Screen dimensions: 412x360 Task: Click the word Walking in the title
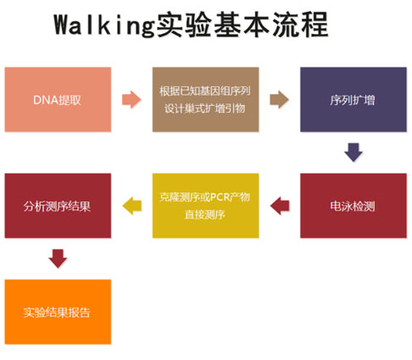(x=104, y=25)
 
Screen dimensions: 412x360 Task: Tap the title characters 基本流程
(x=270, y=25)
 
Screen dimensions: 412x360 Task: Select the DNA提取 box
(x=58, y=99)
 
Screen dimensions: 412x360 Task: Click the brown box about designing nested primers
(x=205, y=99)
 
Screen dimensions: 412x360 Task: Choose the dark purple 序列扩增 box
(x=354, y=99)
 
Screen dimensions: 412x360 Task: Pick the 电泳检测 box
(x=354, y=206)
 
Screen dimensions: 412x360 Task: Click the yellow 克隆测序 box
(x=205, y=206)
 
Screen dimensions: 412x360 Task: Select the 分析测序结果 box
(x=58, y=206)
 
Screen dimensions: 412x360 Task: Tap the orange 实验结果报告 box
(x=58, y=312)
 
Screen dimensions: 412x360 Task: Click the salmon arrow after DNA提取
(x=131, y=99)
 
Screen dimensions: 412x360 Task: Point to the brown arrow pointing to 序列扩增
(x=279, y=99)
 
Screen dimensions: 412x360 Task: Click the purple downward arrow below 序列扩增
(x=354, y=152)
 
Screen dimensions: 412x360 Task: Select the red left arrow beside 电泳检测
(x=280, y=206)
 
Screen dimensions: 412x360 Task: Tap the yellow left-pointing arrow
(x=132, y=206)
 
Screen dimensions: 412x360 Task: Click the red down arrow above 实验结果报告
(x=58, y=258)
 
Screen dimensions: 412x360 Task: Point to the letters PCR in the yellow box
(x=220, y=197)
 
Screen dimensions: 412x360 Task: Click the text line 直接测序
(x=204, y=215)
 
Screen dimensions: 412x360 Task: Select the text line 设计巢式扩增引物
(x=204, y=108)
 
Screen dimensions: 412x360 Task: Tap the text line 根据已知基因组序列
(x=205, y=91)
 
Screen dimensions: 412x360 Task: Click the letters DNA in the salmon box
(x=42, y=100)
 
